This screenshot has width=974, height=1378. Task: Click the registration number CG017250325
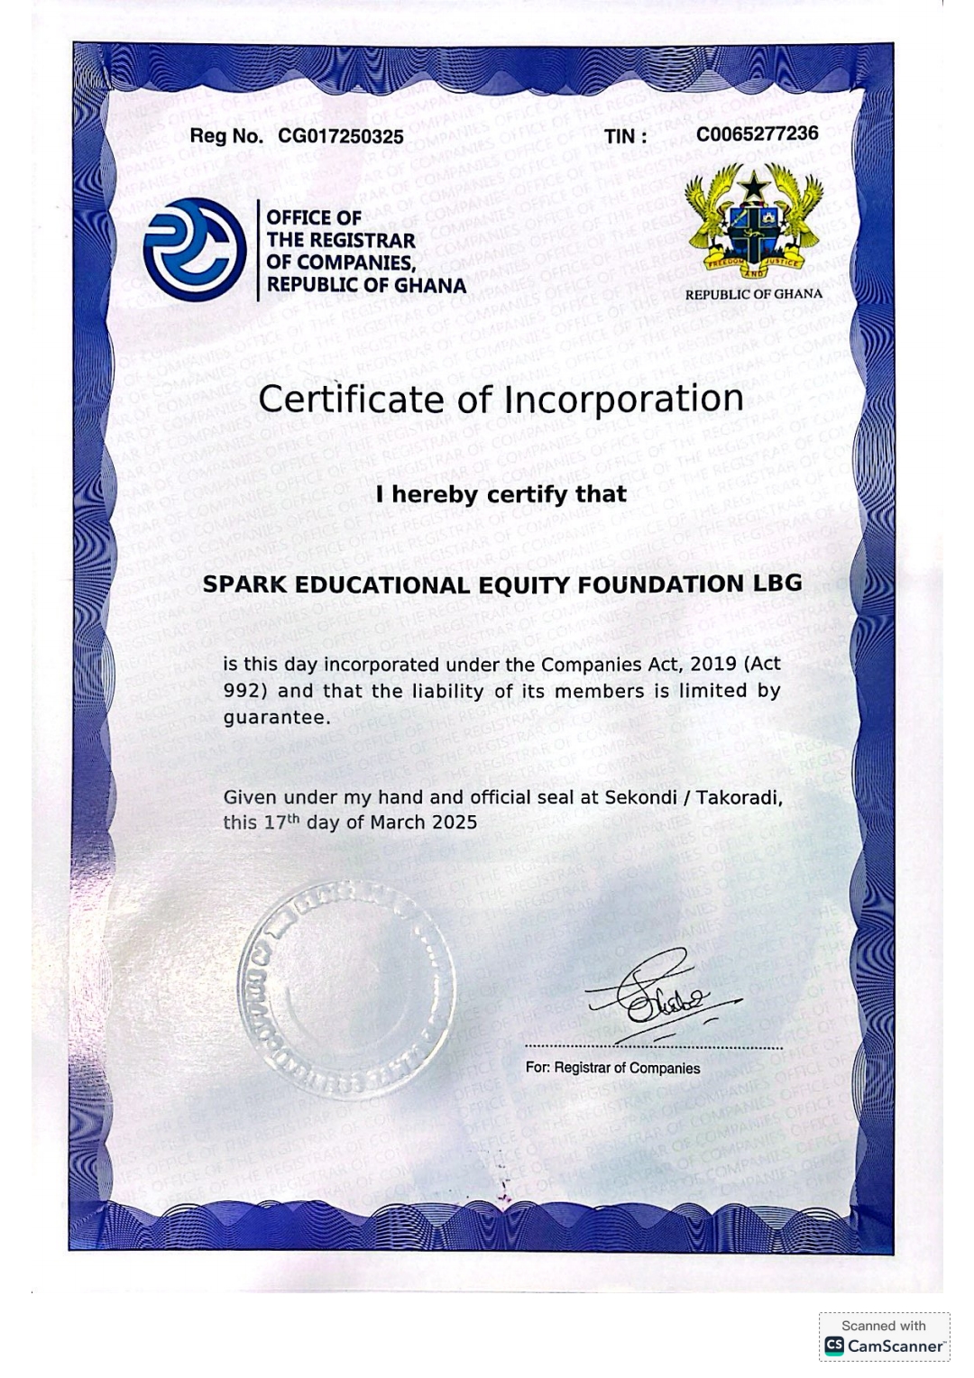pos(341,137)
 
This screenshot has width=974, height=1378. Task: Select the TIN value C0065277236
pos(757,134)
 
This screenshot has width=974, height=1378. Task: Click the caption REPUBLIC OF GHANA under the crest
pos(753,294)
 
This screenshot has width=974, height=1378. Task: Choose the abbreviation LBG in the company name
pos(777,583)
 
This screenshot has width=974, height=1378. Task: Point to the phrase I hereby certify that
pos(501,494)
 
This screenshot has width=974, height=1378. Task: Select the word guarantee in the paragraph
pos(274,718)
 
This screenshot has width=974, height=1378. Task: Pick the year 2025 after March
pos(454,822)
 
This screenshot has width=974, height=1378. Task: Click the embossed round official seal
pos(346,988)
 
